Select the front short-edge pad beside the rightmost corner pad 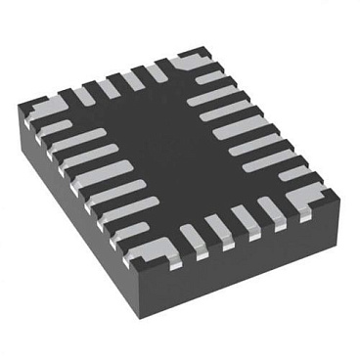[x=275, y=208]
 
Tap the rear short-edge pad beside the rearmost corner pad [x=157, y=70]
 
